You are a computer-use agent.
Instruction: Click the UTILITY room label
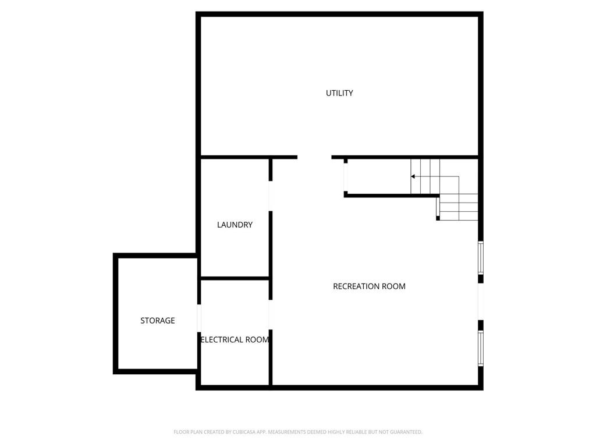(339, 93)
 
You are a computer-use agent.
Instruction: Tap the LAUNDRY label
(235, 225)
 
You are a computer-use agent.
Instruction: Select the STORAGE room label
(158, 321)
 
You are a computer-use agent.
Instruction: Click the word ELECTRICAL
(222, 339)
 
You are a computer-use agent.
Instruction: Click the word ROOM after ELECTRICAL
(257, 339)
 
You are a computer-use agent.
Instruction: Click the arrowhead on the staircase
(413, 176)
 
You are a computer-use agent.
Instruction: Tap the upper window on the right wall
(480, 258)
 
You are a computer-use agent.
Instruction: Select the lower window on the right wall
(480, 348)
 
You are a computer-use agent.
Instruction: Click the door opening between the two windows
(480, 302)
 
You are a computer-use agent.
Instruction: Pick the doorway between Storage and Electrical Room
(199, 318)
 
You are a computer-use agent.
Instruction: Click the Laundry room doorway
(271, 196)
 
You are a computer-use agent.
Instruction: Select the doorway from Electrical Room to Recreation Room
(271, 315)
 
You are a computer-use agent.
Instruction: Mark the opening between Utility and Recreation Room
(314, 157)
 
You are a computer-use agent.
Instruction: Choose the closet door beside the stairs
(346, 178)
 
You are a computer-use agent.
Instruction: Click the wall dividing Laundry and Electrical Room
(235, 278)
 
